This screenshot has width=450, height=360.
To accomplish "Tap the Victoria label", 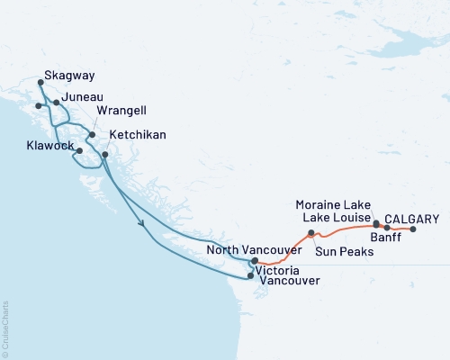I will tap(278, 268).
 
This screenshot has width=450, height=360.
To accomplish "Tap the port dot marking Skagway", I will tap(40, 84).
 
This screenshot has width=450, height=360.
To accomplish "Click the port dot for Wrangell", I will tap(92, 135).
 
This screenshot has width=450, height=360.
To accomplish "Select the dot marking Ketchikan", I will tap(105, 155).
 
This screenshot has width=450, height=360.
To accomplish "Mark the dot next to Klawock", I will tap(80, 150).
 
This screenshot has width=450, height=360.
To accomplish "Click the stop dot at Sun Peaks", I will tap(310, 234).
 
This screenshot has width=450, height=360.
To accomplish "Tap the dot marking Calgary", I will tap(413, 229).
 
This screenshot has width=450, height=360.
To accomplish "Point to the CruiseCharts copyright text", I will tap(5, 323).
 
